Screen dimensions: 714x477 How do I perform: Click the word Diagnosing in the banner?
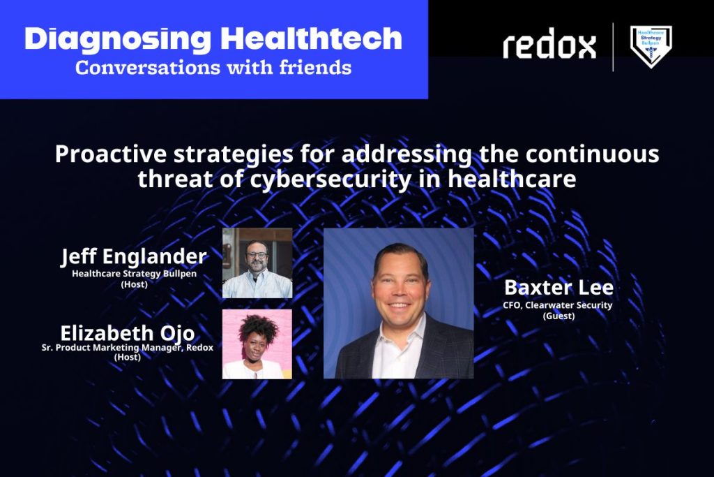[x=118, y=40]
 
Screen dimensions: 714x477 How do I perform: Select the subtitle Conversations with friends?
[x=213, y=68]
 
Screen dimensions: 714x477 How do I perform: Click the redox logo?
[x=549, y=44]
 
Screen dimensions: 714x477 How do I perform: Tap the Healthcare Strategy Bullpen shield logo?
[x=651, y=46]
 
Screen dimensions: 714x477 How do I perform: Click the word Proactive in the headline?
[x=111, y=154]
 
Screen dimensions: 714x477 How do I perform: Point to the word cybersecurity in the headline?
[x=331, y=179]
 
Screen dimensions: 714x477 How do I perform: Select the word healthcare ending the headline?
[x=512, y=178]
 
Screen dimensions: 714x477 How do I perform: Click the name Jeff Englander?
[x=134, y=256]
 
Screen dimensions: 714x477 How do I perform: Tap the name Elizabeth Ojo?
[x=128, y=333]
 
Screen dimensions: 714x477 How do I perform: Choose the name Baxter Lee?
[x=559, y=288]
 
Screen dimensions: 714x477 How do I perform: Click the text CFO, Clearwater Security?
[x=558, y=305]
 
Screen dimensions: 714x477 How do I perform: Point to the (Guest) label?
[x=559, y=316]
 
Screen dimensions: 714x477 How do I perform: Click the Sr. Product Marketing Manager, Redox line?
[x=128, y=348]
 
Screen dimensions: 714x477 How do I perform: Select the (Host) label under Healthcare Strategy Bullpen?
[x=135, y=284]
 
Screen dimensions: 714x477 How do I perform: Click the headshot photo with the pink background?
[x=257, y=344]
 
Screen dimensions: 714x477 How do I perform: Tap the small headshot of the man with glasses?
[x=257, y=263]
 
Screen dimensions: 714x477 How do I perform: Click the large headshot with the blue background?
[x=398, y=303]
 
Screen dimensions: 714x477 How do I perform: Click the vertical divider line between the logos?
[x=613, y=47]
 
